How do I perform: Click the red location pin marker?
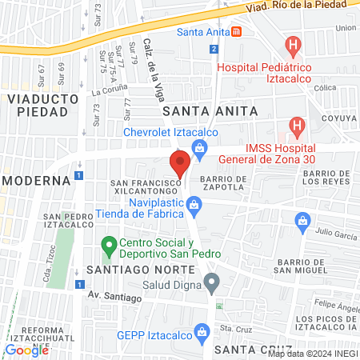[x=180, y=163]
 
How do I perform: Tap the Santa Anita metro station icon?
[x=236, y=33]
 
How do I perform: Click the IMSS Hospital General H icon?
[x=296, y=126]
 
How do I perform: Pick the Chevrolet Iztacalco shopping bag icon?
[x=200, y=146]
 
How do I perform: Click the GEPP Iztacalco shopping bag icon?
[x=201, y=331]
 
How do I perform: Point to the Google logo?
[x=26, y=350]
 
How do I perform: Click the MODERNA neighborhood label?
[x=37, y=180]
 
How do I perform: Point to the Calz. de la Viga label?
[x=150, y=68]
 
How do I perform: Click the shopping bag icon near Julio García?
[x=302, y=220]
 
